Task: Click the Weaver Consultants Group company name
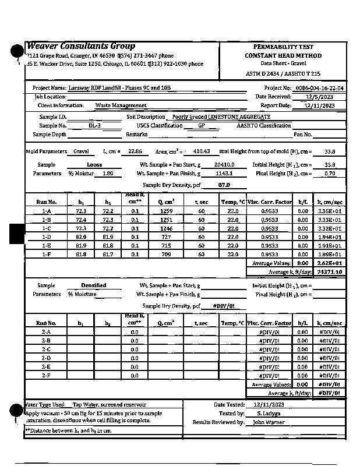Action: click(82, 46)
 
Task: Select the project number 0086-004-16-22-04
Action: click(319, 88)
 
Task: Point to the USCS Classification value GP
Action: click(201, 126)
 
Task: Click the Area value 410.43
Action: click(201, 151)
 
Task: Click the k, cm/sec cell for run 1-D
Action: click(330, 237)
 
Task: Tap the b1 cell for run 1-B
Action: click(81, 220)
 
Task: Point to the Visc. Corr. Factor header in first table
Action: click(269, 202)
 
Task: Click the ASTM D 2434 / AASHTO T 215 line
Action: click(283, 73)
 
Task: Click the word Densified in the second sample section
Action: click(94, 285)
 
